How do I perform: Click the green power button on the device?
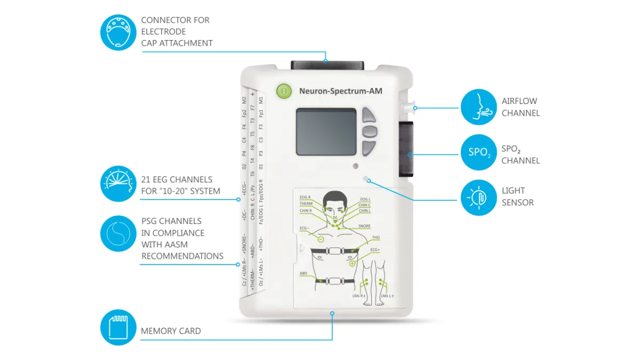[x=284, y=91]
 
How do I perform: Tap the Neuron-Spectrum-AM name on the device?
[x=340, y=91]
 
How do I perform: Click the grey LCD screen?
[x=326, y=132]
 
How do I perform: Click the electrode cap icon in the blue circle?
[x=118, y=32]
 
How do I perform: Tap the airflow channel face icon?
[x=478, y=107]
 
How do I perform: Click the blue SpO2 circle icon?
[x=478, y=153]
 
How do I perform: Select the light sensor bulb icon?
[x=478, y=197]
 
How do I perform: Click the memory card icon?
[x=118, y=327]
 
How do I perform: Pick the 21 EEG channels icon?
[x=118, y=183]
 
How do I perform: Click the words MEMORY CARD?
[x=171, y=331]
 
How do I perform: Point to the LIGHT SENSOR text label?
[x=517, y=196]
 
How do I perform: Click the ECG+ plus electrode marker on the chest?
[x=352, y=263]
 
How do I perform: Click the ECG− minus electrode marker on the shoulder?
[x=321, y=238]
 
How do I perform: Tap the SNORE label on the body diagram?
[x=364, y=226]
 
